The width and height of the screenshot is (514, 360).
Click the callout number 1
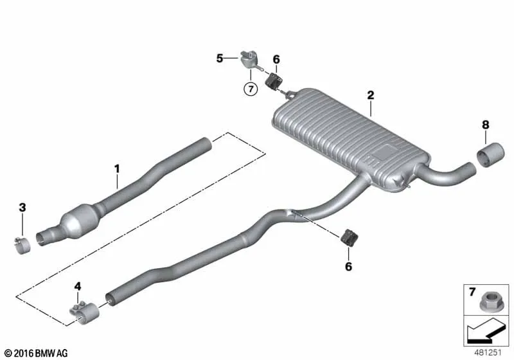117,169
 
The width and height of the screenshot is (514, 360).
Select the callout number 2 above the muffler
371,95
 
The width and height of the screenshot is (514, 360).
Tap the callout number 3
22,208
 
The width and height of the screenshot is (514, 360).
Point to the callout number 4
77,287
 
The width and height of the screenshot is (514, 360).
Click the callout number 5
220,59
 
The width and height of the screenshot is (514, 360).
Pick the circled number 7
251,89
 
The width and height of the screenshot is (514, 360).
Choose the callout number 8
486,125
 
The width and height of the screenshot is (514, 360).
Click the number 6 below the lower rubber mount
348,266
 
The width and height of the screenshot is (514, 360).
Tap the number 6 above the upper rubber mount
276,60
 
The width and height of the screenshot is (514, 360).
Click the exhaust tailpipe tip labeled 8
490,155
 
